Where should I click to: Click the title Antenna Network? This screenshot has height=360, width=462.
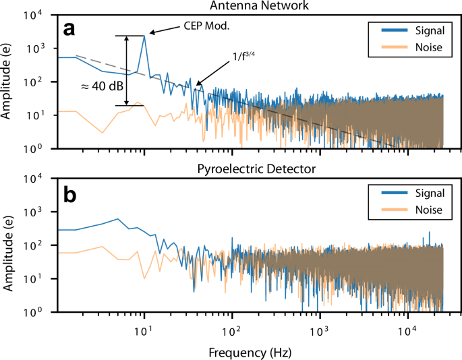(x=249, y=5)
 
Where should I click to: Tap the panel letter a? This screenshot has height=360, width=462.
(x=69, y=29)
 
